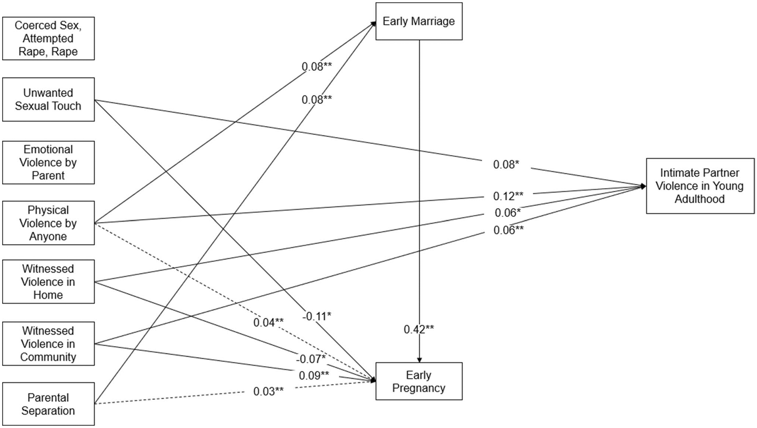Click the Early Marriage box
(x=419, y=21)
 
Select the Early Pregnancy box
(x=419, y=381)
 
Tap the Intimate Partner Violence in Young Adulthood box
(x=700, y=186)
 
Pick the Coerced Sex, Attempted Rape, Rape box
(x=48, y=39)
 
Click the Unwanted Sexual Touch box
(x=48, y=99)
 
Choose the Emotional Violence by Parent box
(x=48, y=163)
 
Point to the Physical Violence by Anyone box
(x=48, y=223)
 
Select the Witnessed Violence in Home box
(x=48, y=282)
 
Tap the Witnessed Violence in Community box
(x=48, y=344)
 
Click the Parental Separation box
(x=48, y=404)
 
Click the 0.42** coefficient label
(x=419, y=329)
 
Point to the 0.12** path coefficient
(x=508, y=196)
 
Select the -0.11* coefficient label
(x=316, y=316)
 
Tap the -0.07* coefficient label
(x=311, y=359)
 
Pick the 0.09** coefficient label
(x=314, y=375)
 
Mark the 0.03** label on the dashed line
(x=268, y=391)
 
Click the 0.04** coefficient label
(x=268, y=322)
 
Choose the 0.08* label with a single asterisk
(x=506, y=164)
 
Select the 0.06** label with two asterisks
(x=508, y=230)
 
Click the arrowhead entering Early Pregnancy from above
(x=419, y=360)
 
